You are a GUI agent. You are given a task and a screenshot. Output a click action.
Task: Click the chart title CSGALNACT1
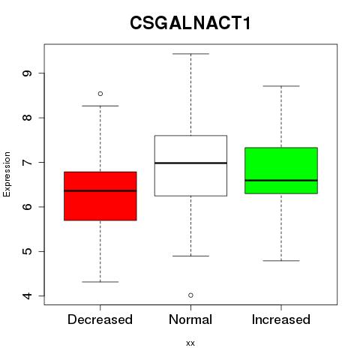click(x=190, y=22)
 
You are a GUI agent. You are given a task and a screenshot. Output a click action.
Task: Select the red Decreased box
click(x=100, y=196)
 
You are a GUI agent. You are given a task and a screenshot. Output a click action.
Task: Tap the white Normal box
click(x=190, y=166)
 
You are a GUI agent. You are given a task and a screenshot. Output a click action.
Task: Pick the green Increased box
click(x=281, y=170)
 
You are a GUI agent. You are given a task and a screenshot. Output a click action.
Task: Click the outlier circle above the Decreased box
click(x=100, y=94)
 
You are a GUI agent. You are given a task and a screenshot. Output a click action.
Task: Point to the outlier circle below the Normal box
click(x=190, y=295)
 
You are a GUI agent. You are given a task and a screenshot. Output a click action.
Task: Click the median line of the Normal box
click(x=190, y=163)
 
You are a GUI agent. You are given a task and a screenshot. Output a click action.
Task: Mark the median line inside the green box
click(x=281, y=180)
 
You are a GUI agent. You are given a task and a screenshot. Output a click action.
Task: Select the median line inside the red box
click(x=100, y=190)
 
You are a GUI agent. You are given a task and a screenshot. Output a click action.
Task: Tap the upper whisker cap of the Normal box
click(x=190, y=54)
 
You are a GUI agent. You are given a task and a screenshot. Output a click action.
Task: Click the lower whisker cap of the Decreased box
click(x=100, y=282)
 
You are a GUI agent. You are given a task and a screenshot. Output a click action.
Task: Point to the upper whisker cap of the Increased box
click(x=281, y=86)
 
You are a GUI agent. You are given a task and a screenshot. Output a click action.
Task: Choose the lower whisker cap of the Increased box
click(x=281, y=261)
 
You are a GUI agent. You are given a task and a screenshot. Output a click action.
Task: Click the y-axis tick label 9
click(x=28, y=73)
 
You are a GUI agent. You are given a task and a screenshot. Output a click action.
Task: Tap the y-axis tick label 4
click(x=28, y=296)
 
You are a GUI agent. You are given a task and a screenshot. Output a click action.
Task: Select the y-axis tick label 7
click(x=28, y=163)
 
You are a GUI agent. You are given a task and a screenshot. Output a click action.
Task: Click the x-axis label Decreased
click(x=100, y=319)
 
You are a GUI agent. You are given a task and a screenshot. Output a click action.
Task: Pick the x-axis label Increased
click(x=281, y=319)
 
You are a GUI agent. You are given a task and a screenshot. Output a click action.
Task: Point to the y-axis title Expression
click(x=7, y=174)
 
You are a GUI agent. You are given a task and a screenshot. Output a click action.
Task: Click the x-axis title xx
click(x=190, y=343)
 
